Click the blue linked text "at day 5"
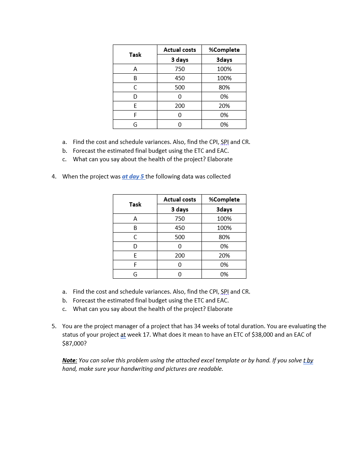133,177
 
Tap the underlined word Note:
69,360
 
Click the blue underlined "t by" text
308,360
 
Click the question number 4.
54,177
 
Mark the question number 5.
54,326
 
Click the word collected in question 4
218,177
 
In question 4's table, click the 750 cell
180,219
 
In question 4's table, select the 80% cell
224,237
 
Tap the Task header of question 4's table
135,205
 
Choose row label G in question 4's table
135,274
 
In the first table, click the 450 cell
180,78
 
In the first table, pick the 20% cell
224,106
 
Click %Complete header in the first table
224,50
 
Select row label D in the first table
135,97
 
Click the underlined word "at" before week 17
123,335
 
